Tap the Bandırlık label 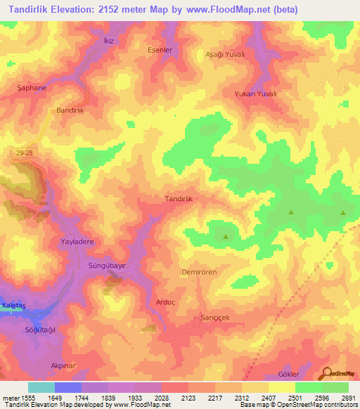(70, 111)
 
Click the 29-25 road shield (22, 152)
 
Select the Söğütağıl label (41, 330)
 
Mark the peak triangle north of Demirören (225, 237)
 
